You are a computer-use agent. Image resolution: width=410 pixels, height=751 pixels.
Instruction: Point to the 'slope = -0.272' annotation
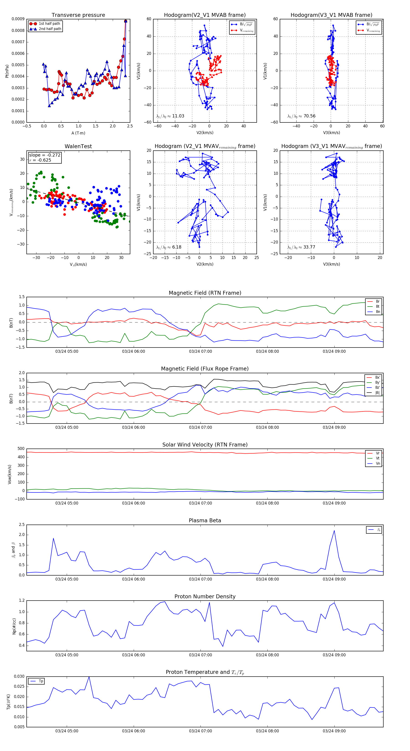tap(45, 155)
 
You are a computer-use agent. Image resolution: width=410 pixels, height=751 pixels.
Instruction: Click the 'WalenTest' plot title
tap(78, 146)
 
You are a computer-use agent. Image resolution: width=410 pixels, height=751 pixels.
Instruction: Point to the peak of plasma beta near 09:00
tap(334, 531)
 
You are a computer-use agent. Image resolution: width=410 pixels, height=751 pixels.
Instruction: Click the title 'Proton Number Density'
tap(205, 596)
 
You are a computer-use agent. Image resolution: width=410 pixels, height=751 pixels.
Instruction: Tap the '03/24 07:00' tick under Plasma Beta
tap(200, 579)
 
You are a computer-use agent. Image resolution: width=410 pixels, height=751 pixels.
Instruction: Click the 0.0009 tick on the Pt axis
tap(18, 19)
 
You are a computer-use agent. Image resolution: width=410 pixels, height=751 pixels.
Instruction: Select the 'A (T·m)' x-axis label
tap(78, 133)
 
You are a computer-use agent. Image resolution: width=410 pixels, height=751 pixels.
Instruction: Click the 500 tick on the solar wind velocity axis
tap(21, 449)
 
